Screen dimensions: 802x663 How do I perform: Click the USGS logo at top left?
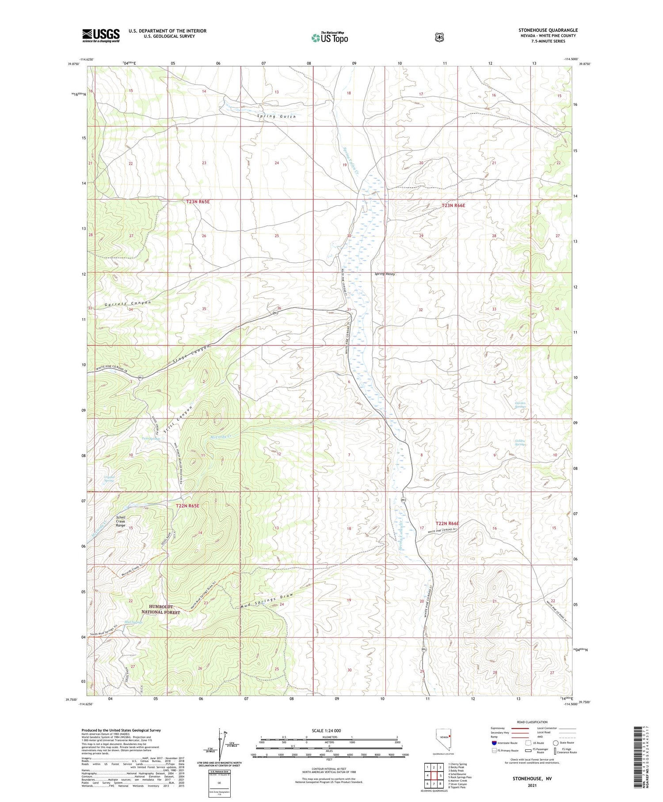coord(101,35)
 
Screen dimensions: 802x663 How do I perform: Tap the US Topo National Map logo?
coord(330,38)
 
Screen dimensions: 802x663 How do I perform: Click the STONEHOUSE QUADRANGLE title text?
coord(548,30)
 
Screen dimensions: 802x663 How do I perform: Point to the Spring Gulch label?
coord(277,116)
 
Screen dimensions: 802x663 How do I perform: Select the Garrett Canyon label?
coord(128,303)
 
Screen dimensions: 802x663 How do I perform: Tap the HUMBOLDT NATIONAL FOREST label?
coord(160,610)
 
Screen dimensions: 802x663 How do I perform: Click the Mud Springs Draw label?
coord(267,600)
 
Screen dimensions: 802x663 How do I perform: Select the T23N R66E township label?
coord(453,206)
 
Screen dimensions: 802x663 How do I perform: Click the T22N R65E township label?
coord(187,506)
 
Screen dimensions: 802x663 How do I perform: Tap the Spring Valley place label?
coord(385,274)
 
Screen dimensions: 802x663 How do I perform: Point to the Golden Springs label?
coord(520,442)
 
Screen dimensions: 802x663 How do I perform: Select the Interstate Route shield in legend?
coord(494,743)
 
